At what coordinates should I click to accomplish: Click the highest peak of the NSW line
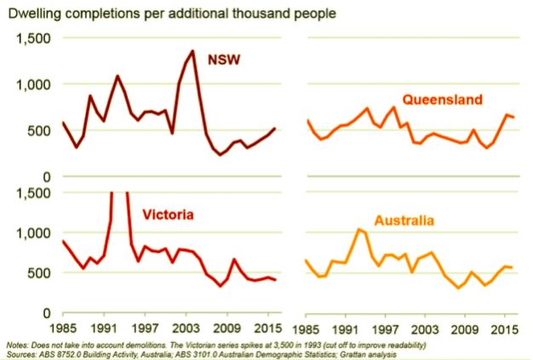tap(193, 52)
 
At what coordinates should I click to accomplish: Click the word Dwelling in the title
tap(35, 14)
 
